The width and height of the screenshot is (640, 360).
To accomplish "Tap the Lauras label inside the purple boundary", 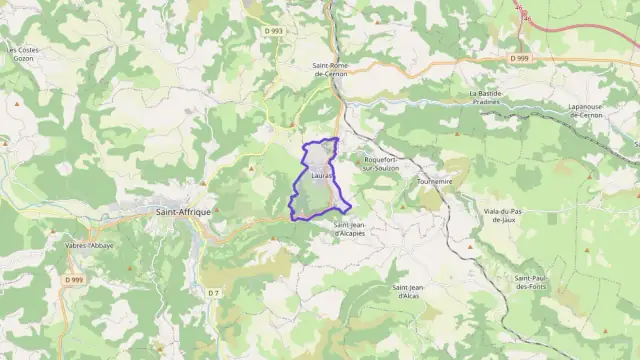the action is pyautogui.click(x=321, y=175).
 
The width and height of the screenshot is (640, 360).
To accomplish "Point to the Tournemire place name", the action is pyautogui.click(x=432, y=182).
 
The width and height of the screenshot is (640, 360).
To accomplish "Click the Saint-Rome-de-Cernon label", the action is pyautogui.click(x=330, y=69).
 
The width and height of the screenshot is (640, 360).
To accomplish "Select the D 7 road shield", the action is pyautogui.click(x=212, y=292).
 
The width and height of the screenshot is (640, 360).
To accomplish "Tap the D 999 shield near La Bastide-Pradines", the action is pyautogui.click(x=518, y=59).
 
